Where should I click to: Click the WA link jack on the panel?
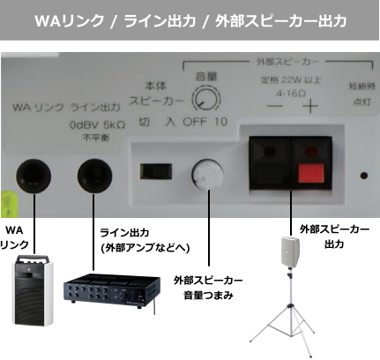34,176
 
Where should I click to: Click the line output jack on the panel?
94,176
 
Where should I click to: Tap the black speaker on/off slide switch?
156,171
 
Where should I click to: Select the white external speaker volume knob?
207,175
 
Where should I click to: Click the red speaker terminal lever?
311,173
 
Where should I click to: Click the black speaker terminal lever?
270,173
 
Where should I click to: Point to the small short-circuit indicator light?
364,176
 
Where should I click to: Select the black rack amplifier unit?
112,290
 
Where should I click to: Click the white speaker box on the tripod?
290,251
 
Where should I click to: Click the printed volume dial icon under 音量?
206,99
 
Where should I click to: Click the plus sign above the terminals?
310,106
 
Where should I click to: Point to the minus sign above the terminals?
275,106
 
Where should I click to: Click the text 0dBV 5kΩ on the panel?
97,124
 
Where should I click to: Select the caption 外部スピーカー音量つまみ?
208,288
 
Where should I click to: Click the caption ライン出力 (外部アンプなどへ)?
145,240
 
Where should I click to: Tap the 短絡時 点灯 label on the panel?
361,94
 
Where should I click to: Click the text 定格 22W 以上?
290,79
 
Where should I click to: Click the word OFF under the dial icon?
194,122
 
